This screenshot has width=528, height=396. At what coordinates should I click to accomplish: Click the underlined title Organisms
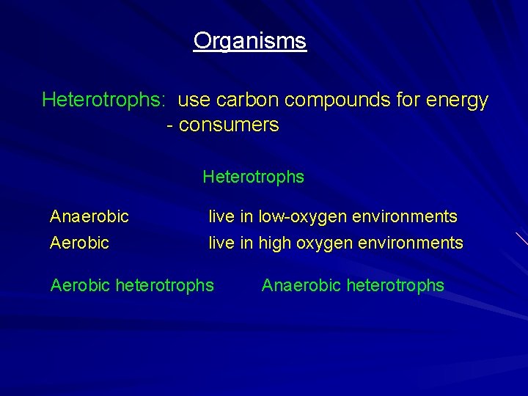point(249,41)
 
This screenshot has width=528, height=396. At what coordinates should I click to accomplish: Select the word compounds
point(340,100)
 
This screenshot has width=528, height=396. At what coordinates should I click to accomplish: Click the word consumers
point(229,125)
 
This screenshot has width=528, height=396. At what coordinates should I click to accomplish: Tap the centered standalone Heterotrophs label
point(253,177)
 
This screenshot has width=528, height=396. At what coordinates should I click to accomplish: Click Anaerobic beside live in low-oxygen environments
point(89,216)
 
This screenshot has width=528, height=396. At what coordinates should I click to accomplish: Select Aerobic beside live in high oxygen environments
point(79,242)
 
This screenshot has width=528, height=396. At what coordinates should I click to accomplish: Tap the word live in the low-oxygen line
point(221,216)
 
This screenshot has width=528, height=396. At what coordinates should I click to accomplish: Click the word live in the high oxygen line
point(221,242)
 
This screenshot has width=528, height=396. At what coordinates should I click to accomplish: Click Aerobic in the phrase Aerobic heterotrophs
point(80,285)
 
